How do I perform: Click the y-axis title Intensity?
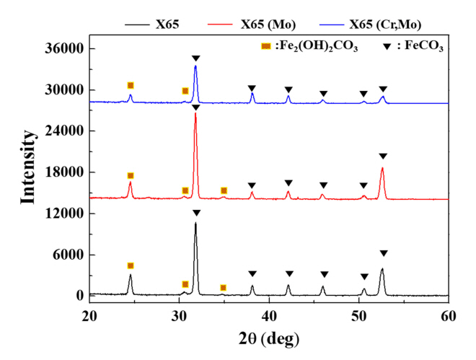(30, 167)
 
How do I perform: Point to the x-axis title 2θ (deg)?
(269, 338)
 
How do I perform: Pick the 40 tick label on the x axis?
(269, 315)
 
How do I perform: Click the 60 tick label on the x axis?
(449, 315)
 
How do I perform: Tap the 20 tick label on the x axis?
(89, 315)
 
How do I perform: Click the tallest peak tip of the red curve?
(195, 114)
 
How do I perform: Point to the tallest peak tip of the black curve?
(195, 223)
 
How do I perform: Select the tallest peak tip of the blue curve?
(195, 66)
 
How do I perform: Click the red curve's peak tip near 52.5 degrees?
(382, 168)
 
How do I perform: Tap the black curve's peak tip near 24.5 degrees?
(131, 275)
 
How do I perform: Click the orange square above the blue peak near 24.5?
(131, 86)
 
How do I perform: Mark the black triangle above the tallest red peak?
(195, 107)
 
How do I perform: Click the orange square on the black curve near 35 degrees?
(223, 287)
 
